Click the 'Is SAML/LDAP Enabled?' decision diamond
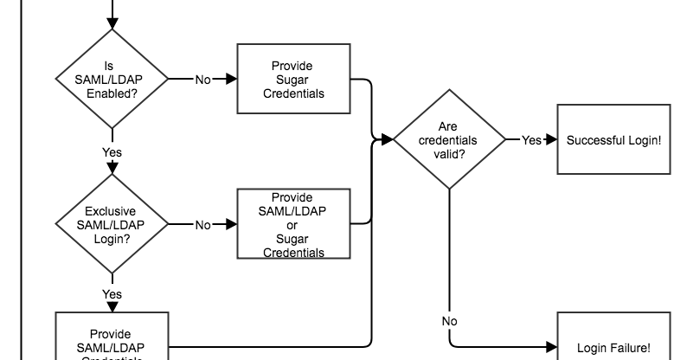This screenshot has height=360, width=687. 112,79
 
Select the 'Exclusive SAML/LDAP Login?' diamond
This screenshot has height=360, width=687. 112,224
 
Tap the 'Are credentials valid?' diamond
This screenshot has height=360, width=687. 448,139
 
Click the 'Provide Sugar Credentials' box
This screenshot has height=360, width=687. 292,79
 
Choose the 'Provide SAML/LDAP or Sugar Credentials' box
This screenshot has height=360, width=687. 292,224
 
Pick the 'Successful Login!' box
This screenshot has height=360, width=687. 613,139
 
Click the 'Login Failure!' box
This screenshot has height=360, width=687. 613,346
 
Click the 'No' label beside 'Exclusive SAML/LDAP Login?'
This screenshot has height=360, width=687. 202,225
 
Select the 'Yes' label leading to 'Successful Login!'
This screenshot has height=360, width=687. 531,139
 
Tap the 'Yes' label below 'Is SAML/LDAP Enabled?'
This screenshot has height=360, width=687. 112,152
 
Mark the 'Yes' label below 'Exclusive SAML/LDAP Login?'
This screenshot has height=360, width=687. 112,294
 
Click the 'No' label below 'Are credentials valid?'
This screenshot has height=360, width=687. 449,321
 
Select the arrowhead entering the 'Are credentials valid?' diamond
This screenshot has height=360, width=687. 388,139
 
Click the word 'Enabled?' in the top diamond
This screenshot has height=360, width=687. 112,93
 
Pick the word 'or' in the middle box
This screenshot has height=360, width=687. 292,225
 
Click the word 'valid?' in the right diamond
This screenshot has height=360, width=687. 447,153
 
